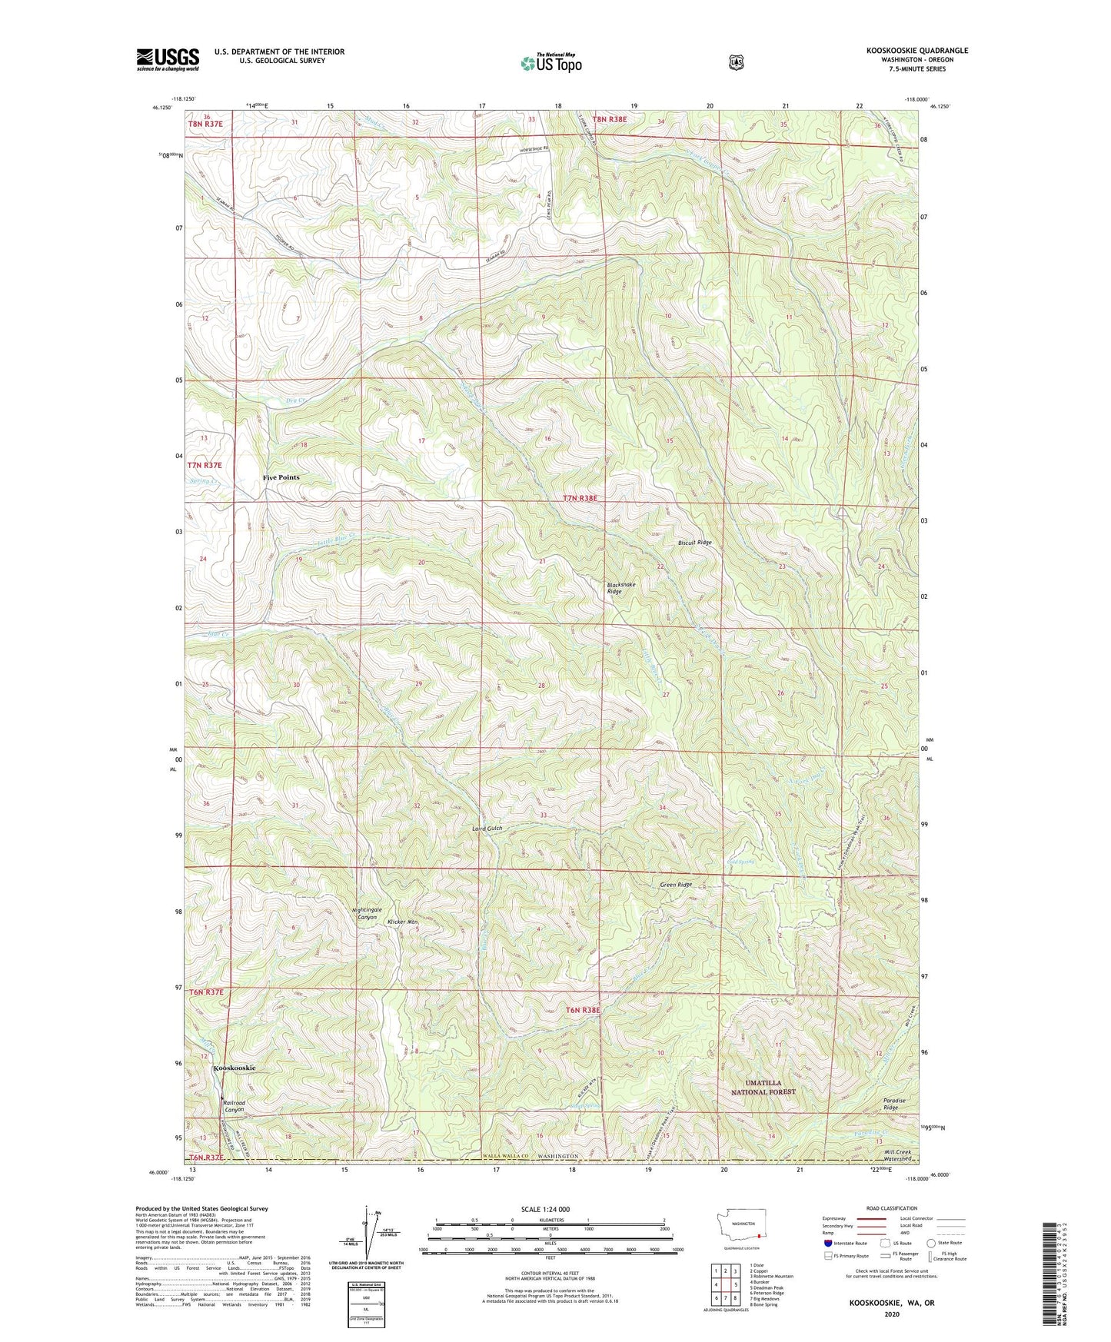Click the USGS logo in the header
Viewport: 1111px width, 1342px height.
click(x=168, y=59)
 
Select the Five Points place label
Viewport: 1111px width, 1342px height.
click(x=281, y=477)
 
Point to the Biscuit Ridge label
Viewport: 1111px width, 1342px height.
click(x=694, y=543)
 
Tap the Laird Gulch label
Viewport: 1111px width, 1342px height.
click(x=487, y=829)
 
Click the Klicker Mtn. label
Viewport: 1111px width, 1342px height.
click(x=402, y=921)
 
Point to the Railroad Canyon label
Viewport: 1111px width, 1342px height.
click(x=234, y=1106)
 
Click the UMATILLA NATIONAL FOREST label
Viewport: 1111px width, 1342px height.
click(x=762, y=1087)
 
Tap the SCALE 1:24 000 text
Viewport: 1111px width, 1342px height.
click(x=545, y=1209)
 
